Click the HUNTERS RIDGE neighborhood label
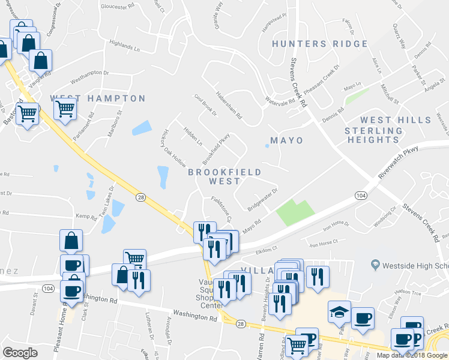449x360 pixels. click(319, 44)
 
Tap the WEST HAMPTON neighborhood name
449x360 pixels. click(97, 98)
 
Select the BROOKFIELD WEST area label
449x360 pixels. click(224, 176)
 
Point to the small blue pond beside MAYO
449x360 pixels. click(267, 145)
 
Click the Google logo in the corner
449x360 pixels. click(20, 353)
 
